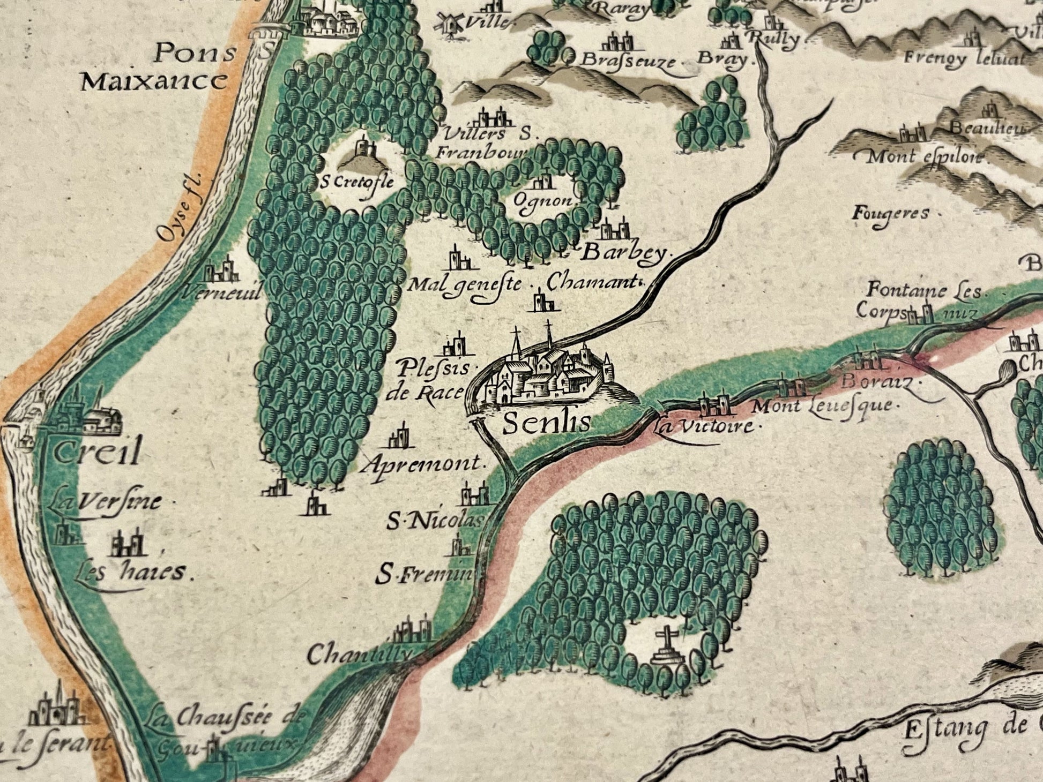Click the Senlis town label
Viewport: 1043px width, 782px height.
pyautogui.click(x=547, y=423)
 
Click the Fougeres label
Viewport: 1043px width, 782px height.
pyautogui.click(x=890, y=213)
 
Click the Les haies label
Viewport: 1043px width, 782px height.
pyautogui.click(x=134, y=572)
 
